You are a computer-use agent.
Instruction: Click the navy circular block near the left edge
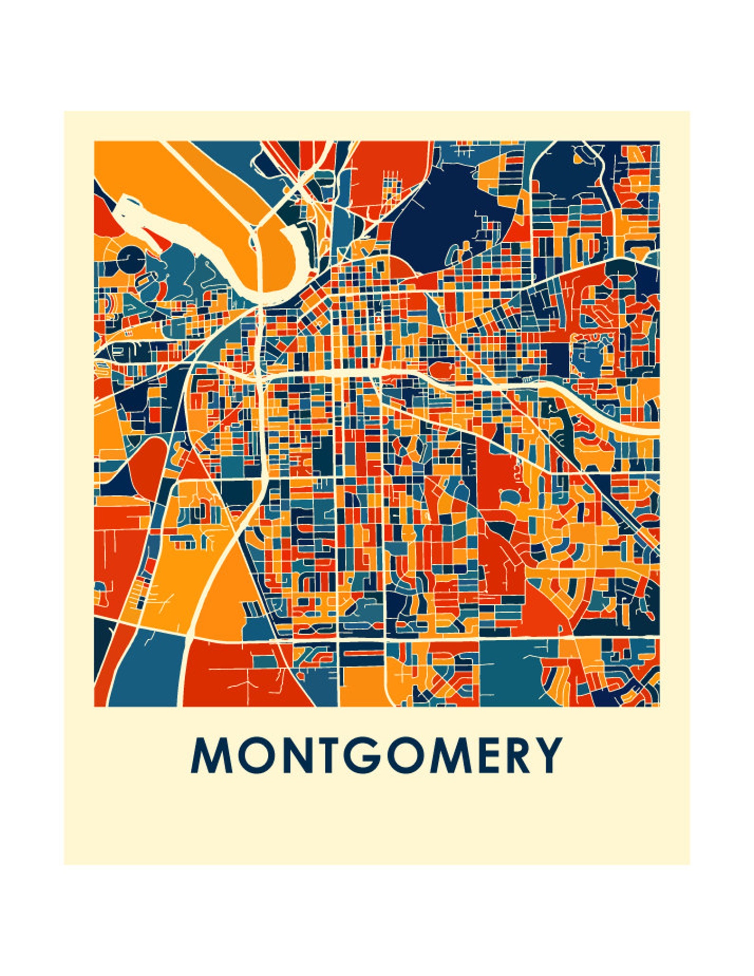click(x=131, y=259)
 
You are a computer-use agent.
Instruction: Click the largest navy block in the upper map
click(x=442, y=214)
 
